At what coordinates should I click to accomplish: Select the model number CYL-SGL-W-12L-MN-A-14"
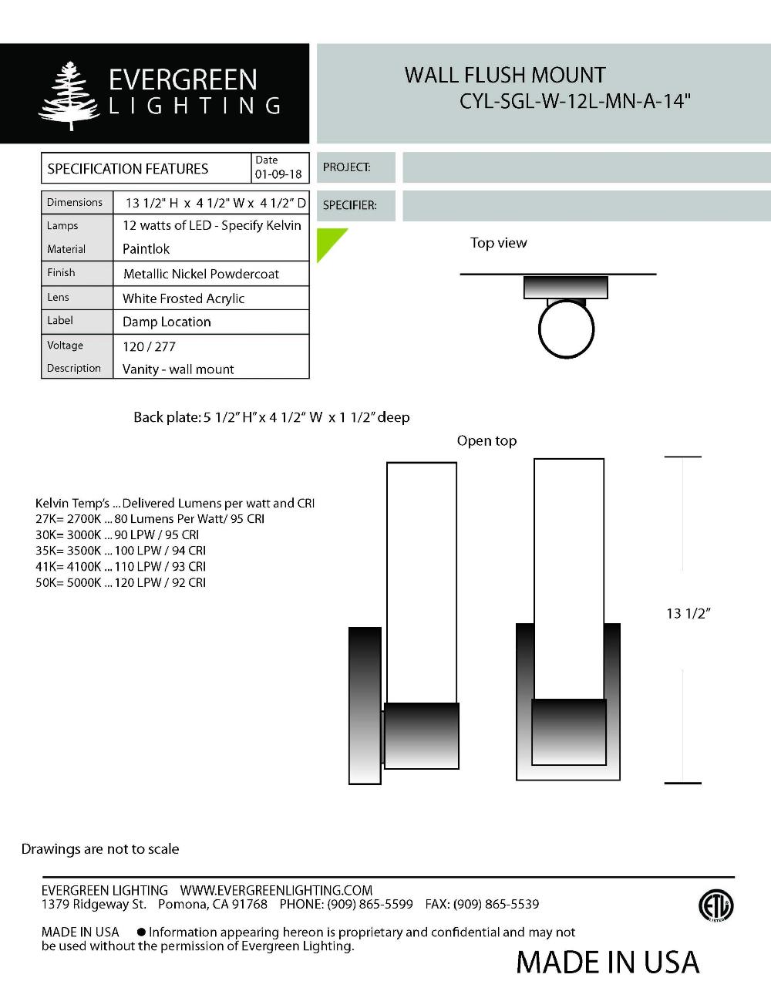click(x=574, y=102)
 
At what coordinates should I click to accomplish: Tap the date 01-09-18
click(x=278, y=174)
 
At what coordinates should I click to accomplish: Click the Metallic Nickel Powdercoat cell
click(x=201, y=274)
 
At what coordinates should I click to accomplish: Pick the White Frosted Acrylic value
click(x=183, y=298)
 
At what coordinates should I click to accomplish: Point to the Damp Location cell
click(x=167, y=322)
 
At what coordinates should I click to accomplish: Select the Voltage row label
click(x=65, y=346)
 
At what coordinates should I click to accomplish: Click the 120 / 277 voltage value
click(x=149, y=346)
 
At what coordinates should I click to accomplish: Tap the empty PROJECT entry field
click(x=586, y=167)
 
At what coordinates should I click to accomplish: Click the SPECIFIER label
click(x=349, y=205)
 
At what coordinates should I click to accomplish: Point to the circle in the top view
click(x=566, y=329)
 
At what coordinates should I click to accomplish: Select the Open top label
click(x=487, y=440)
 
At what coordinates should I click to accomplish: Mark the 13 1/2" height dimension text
click(x=688, y=613)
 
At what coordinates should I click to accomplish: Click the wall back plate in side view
click(x=365, y=706)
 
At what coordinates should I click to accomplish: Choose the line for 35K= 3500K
click(x=120, y=551)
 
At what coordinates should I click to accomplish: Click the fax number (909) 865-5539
click(x=496, y=904)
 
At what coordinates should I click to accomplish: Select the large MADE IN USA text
click(x=608, y=962)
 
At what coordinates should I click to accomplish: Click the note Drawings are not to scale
click(x=100, y=848)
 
